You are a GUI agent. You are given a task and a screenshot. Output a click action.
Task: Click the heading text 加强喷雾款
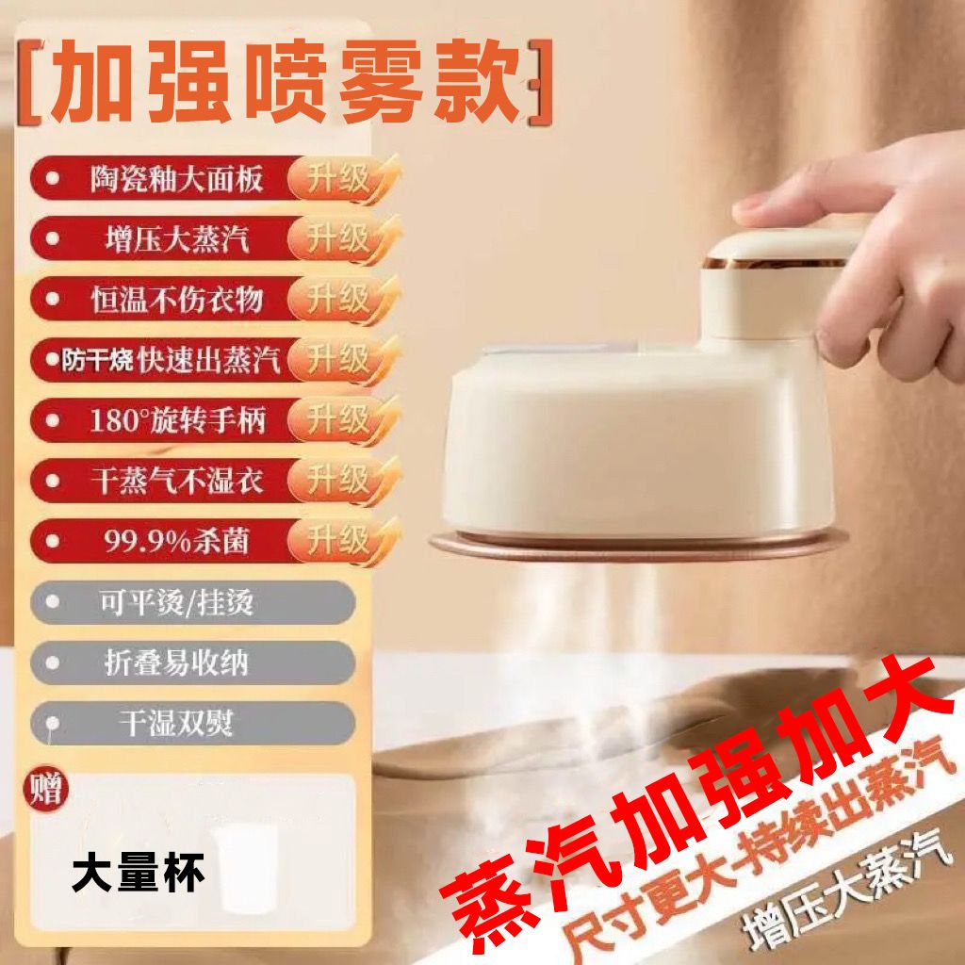[285, 81]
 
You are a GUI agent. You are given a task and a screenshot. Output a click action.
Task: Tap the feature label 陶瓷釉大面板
[176, 178]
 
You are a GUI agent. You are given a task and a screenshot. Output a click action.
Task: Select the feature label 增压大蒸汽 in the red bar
[176, 238]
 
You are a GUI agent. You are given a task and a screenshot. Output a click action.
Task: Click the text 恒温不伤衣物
[176, 299]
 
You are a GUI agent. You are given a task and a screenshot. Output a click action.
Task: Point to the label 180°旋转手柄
[177, 421]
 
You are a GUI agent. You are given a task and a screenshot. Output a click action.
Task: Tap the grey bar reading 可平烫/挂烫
[192, 602]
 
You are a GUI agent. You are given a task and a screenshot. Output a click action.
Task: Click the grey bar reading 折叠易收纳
[192, 662]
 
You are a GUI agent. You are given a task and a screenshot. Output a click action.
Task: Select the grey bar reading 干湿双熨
[192, 723]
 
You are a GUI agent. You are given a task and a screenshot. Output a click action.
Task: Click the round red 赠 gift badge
[45, 790]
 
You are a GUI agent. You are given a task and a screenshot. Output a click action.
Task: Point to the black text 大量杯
[138, 874]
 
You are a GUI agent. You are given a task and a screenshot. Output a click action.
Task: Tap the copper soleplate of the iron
[637, 546]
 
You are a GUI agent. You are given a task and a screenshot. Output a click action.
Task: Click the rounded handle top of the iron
[781, 249]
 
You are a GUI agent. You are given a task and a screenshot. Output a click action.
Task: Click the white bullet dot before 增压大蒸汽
[53, 238]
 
